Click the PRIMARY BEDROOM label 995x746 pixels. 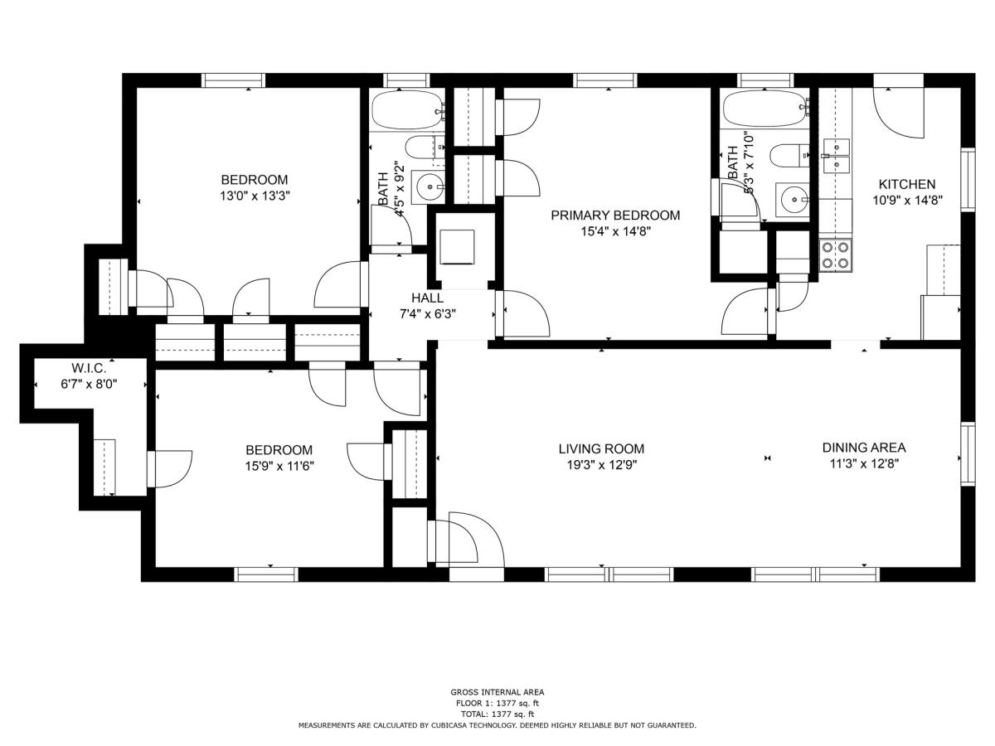point(615,216)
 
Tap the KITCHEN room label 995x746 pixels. point(907,184)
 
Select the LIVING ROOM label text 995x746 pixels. point(601,449)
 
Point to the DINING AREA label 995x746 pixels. point(864,448)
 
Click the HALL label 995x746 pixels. point(428,298)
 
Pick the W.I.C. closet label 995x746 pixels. point(89,368)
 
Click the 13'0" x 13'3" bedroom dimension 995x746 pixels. point(255,196)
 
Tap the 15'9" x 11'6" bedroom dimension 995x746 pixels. point(279,466)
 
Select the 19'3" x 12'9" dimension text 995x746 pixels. point(602,465)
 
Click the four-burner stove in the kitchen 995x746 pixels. point(836,255)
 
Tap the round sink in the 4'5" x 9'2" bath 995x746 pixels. point(428,186)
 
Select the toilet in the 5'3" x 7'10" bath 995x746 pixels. point(789,155)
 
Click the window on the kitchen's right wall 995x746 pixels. point(968,179)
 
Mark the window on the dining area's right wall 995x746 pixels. point(968,454)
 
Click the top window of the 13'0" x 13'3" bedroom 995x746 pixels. point(233,80)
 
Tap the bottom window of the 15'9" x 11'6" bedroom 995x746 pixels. point(266,574)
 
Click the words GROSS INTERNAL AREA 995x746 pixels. point(498,692)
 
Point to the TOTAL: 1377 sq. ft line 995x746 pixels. point(498,715)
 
